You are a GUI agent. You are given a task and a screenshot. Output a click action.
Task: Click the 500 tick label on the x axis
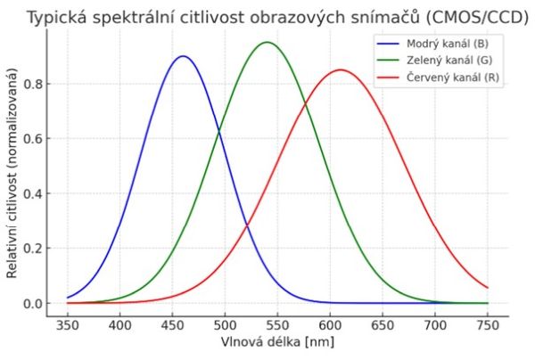click(x=225, y=326)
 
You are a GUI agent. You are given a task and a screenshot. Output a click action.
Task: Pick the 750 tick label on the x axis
click(x=488, y=326)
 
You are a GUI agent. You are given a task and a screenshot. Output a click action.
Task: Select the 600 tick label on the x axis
click(x=330, y=326)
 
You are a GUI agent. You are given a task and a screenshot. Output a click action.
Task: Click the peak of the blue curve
click(x=183, y=56)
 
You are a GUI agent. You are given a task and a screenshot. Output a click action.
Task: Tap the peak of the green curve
click(x=267, y=42)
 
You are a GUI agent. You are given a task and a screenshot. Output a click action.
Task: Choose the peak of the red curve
click(x=341, y=70)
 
